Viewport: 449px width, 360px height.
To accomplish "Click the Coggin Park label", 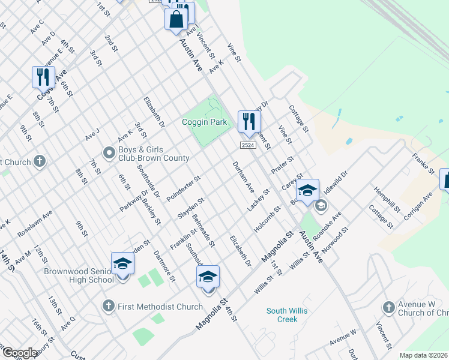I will click(205, 122).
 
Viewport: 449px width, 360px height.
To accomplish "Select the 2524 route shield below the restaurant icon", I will click(249, 145).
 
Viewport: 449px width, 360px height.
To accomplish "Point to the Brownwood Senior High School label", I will click(79, 275).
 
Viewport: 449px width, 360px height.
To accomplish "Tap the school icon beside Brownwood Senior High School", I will click(122, 265).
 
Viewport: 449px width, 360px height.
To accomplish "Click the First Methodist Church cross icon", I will click(109, 307).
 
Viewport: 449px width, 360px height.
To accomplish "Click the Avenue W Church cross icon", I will click(388, 308).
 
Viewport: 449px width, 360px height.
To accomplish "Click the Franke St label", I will click(423, 164).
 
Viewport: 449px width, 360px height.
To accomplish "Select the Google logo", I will click(20, 353).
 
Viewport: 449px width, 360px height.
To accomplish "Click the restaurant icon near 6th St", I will click(43, 77).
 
